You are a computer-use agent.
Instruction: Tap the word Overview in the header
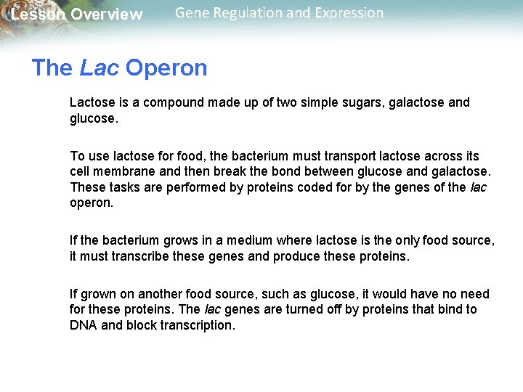[106, 15]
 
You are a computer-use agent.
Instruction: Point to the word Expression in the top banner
[346, 13]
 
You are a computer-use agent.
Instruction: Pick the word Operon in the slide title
[166, 68]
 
